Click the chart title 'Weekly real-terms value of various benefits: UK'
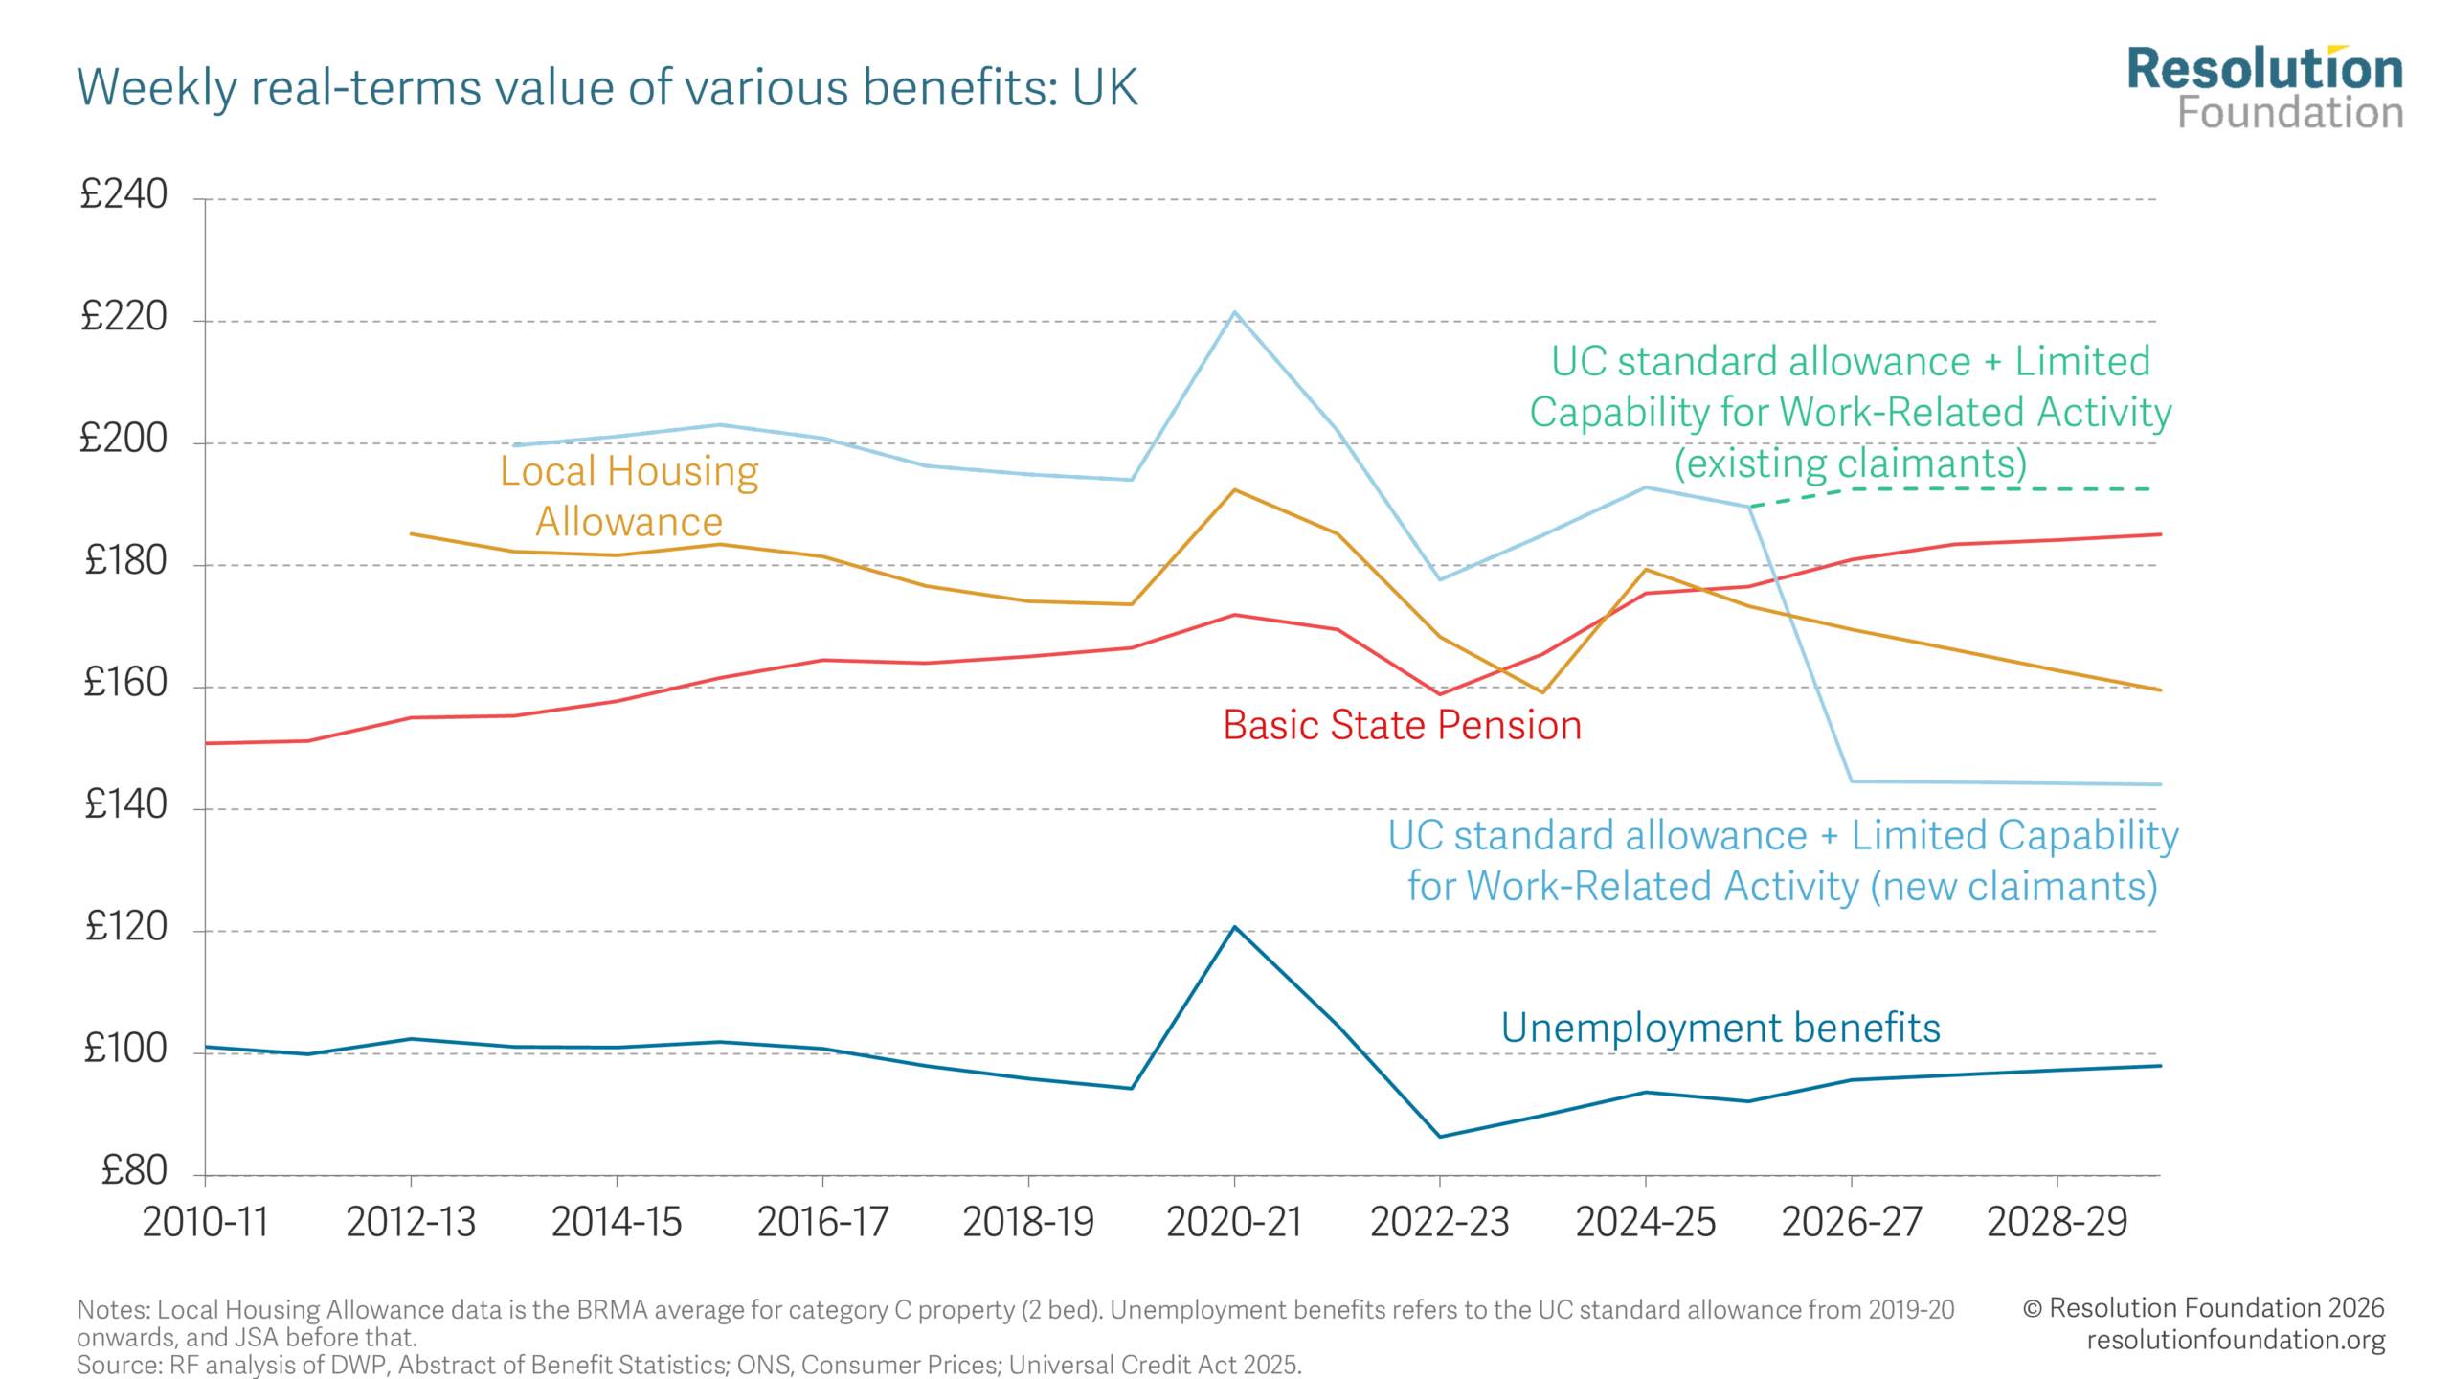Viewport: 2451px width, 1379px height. tap(607, 88)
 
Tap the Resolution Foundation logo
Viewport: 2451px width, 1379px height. tap(2264, 88)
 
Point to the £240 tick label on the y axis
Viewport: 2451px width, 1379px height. tap(124, 194)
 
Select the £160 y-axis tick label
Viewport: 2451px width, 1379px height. tap(125, 683)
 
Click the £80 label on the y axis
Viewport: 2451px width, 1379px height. tap(134, 1171)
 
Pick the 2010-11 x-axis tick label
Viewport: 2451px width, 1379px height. tap(205, 1223)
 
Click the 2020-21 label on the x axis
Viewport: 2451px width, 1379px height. tap(1234, 1223)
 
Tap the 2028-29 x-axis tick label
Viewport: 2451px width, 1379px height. tap(2057, 1223)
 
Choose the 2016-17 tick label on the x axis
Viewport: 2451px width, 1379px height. tap(822, 1223)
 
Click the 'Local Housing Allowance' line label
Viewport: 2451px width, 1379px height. tap(629, 496)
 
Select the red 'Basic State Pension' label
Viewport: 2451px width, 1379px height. tap(1402, 726)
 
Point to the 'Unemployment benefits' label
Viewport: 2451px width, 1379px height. tap(1720, 1029)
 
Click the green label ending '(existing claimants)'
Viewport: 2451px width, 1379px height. tap(1850, 413)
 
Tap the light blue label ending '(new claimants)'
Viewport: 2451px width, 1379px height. tap(1783, 861)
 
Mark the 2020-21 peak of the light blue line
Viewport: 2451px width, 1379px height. tap(1235, 312)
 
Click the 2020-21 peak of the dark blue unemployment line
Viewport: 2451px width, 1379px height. tap(1235, 927)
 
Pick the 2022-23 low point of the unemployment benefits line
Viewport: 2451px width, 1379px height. tap(1440, 1137)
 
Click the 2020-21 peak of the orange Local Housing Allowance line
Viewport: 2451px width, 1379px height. tap(1235, 490)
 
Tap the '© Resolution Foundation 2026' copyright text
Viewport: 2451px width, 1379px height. tap(2203, 1308)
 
